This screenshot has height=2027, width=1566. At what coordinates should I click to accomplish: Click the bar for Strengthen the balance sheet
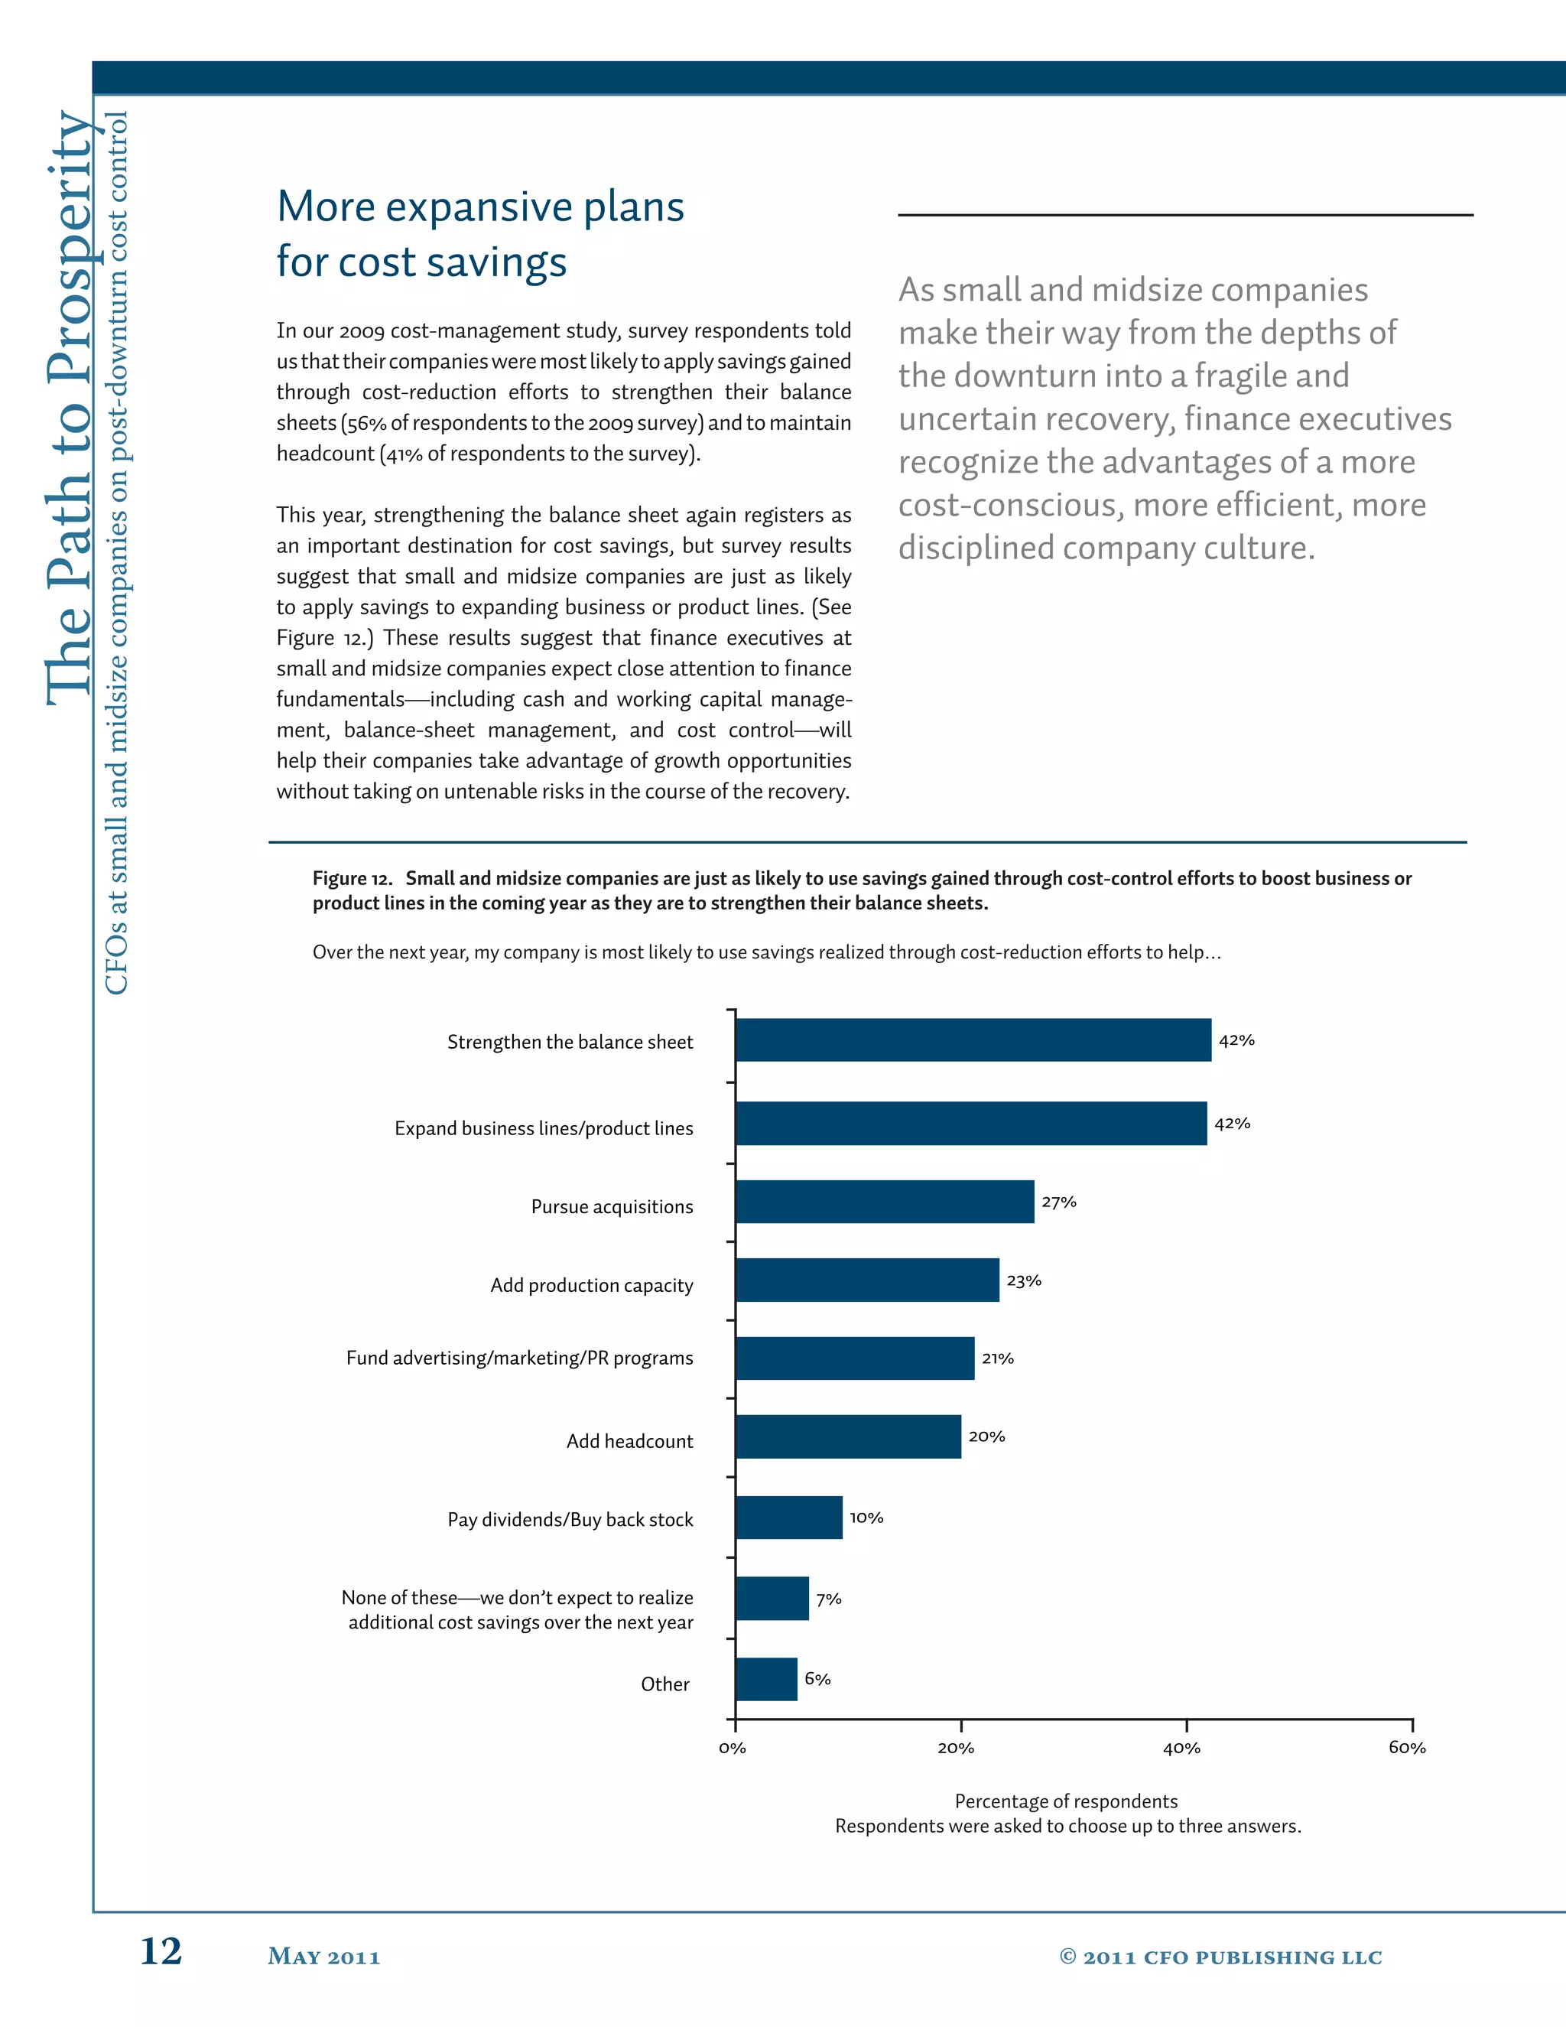point(973,1040)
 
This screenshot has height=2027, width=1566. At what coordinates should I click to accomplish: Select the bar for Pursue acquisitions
point(884,1201)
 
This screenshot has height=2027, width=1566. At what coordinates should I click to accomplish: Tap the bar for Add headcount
point(848,1436)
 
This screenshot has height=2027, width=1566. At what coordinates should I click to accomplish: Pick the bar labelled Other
point(766,1679)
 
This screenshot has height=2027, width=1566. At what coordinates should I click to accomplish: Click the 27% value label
point(1058,1202)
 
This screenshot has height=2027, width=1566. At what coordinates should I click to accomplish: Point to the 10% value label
point(866,1518)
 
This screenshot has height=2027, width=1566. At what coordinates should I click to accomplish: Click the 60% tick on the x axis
point(1406,1748)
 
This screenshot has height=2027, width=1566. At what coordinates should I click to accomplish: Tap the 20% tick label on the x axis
point(956,1748)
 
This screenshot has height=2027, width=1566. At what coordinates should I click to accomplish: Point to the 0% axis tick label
point(732,1748)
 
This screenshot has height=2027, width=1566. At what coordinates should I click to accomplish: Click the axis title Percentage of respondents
point(1066,1801)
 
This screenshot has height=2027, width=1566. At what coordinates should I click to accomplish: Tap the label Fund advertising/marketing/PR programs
point(519,1358)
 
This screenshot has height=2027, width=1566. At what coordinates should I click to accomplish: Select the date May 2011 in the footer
point(323,1957)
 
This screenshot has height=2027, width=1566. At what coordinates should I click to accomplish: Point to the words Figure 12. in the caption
point(352,878)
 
